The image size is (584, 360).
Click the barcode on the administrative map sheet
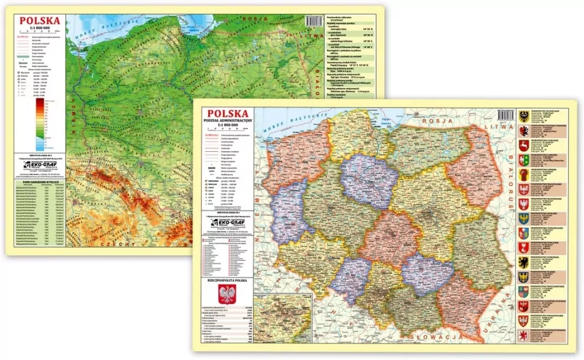pyautogui.click(x=505, y=114)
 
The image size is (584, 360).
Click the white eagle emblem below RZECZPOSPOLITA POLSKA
pyautogui.click(x=227, y=295)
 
